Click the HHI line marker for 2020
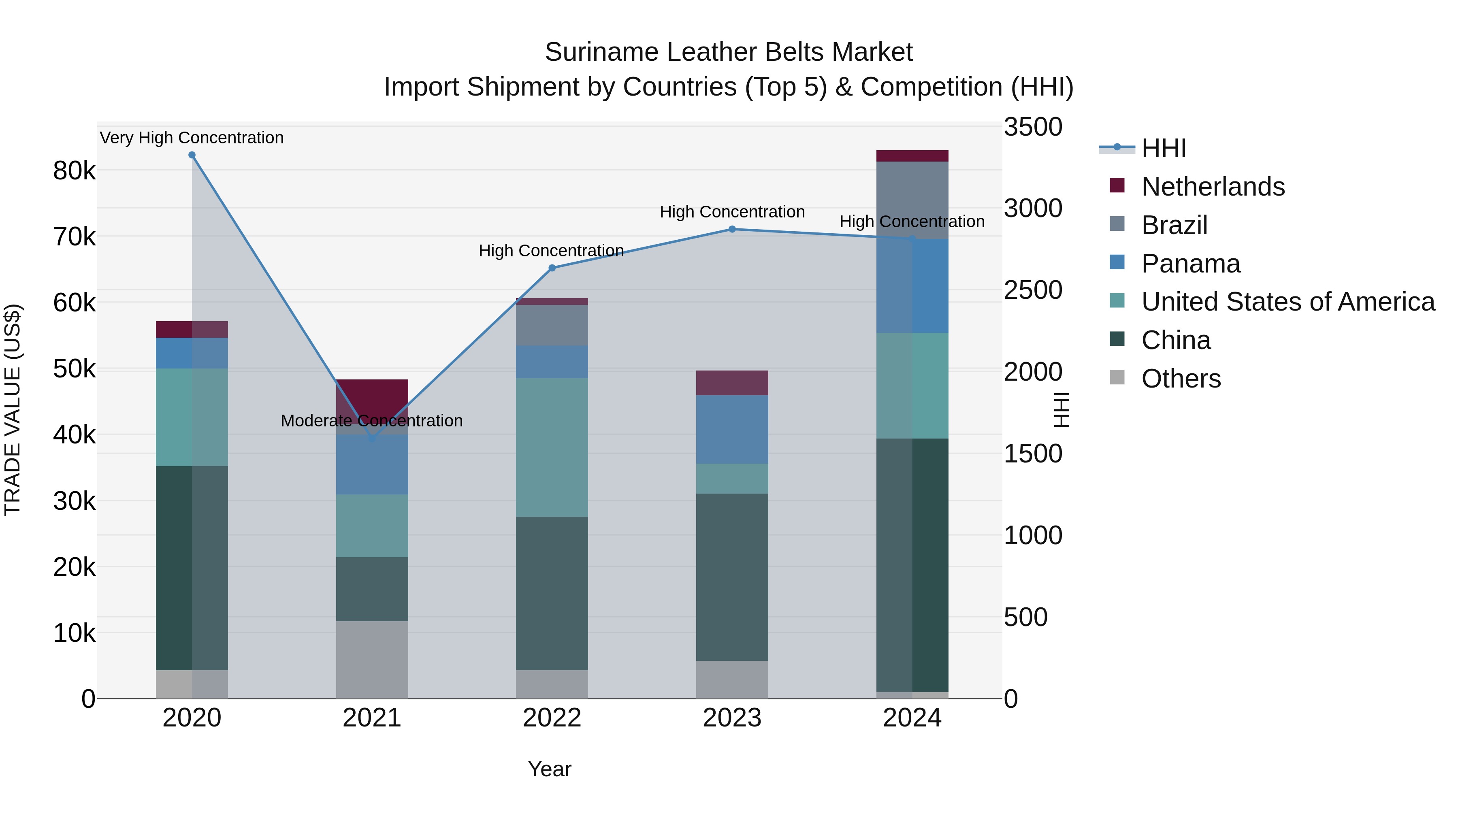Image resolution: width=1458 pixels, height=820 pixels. click(192, 155)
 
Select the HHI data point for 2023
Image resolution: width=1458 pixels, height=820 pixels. click(732, 229)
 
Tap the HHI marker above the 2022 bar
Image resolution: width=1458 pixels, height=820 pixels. click(552, 268)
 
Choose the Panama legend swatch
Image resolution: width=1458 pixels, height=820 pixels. click(1117, 262)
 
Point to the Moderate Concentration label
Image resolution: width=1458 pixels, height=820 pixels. click(372, 420)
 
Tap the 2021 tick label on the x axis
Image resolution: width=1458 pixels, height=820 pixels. click(372, 718)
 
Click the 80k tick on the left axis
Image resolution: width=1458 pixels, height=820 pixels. click(74, 170)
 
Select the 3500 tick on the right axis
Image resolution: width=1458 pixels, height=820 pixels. click(1033, 127)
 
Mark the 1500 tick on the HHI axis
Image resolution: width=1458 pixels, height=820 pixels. click(1033, 454)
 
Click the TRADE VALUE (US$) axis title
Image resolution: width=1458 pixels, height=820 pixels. click(13, 410)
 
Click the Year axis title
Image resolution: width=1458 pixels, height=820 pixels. click(550, 769)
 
